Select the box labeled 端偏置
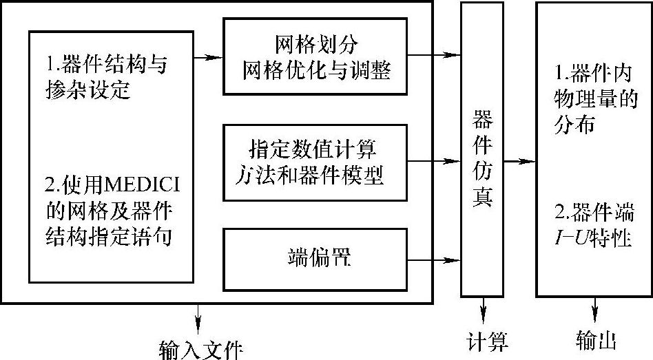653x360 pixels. [318, 260]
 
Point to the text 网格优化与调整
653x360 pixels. [318, 70]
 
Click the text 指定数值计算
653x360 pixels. [317, 149]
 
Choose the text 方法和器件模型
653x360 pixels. [317, 175]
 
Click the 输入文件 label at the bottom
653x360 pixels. [200, 348]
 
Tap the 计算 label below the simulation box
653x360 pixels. [486, 341]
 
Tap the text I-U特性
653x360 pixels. [593, 238]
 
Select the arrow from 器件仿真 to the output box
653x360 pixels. [520, 162]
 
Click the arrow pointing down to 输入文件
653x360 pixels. [199, 316]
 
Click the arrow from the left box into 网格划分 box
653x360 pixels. [208, 57]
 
